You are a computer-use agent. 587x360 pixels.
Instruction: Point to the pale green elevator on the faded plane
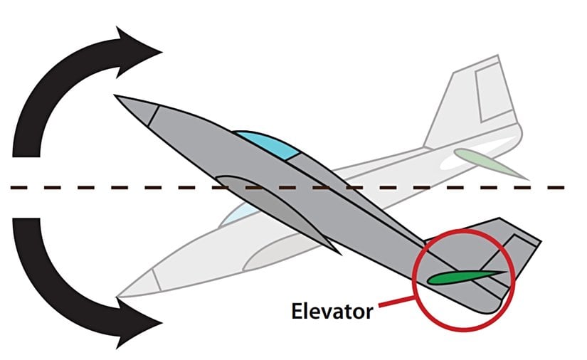pos(491,162)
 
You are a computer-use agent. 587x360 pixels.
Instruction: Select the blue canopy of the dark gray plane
pos(268,144)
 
